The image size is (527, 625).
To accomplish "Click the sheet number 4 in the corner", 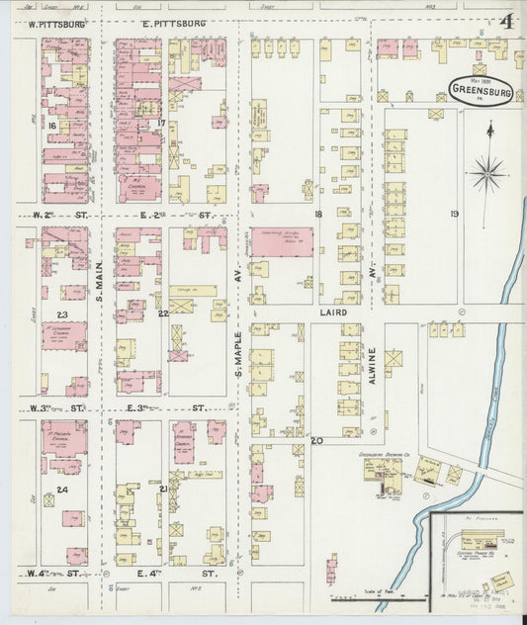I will pos(504,23).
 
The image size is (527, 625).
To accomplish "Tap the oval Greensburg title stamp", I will pos(480,89).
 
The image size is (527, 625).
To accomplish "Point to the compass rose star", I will pos(486,174).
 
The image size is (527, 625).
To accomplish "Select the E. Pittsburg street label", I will pos(173,22).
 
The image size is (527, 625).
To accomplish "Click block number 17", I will pos(160,123).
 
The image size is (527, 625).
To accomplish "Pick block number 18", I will pos(318,214).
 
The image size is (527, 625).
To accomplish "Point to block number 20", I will pos(316,440).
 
